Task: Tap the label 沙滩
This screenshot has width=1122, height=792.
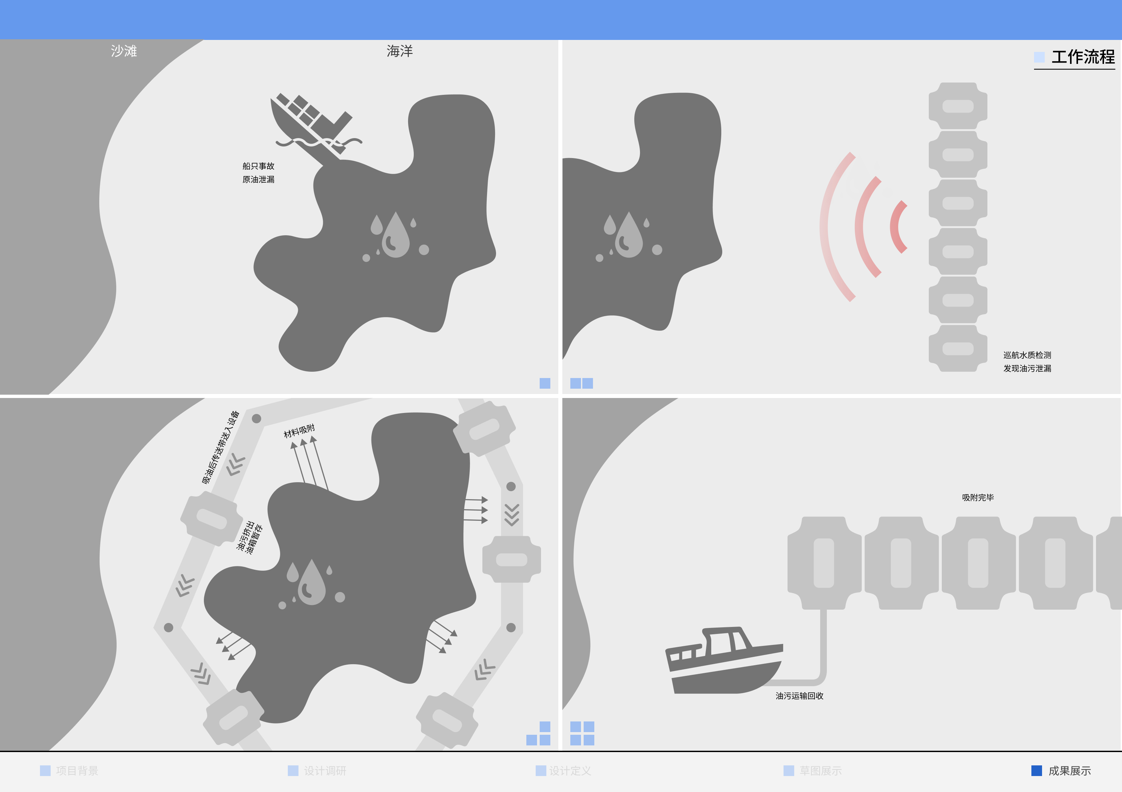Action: (x=124, y=51)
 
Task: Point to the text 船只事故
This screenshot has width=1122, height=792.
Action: (x=258, y=166)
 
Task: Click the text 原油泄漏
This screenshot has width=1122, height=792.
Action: (x=258, y=180)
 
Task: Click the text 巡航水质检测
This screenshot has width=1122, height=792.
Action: (x=1027, y=355)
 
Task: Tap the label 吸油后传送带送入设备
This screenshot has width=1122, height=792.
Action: (x=221, y=447)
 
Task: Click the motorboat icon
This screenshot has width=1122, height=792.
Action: (x=723, y=662)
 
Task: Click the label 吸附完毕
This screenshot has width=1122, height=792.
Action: (x=977, y=497)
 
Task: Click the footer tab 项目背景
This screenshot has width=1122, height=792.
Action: (x=76, y=771)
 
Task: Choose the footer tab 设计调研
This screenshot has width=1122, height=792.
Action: (x=324, y=771)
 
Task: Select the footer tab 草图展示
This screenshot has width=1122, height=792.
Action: (x=820, y=771)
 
